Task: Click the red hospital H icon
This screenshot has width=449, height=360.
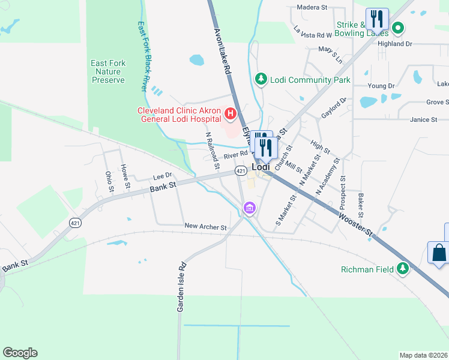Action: point(229,113)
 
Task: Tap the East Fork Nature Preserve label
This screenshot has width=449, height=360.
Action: point(108,71)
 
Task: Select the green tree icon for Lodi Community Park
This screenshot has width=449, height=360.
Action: point(261,79)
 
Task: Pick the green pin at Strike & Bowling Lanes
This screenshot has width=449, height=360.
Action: point(397,28)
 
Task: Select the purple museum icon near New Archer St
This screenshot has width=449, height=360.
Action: point(249,208)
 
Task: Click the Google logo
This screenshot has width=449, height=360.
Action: point(20,352)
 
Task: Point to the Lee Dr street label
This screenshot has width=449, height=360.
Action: point(162,176)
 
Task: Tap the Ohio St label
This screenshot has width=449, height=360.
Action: point(109,182)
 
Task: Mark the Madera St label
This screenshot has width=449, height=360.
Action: point(312,8)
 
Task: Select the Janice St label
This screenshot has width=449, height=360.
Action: point(424,120)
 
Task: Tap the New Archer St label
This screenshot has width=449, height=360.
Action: point(205,227)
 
